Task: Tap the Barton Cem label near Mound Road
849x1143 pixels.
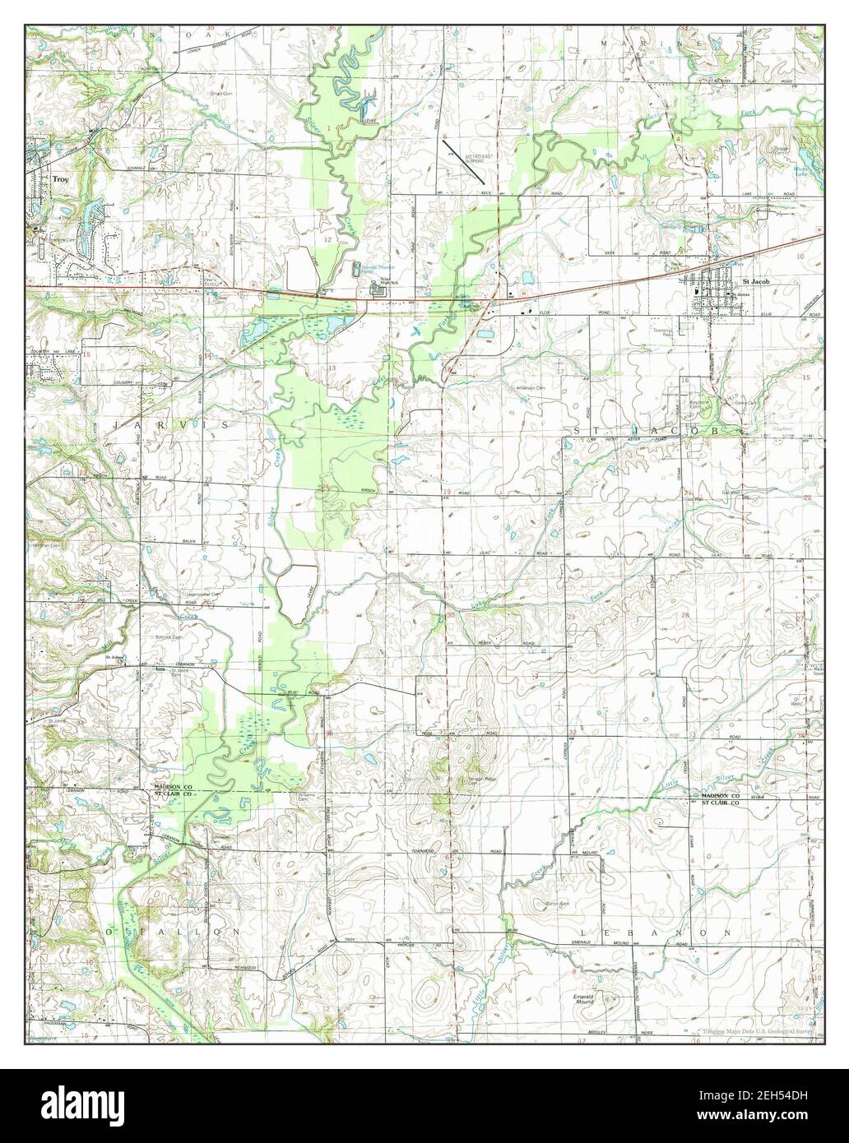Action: pyautogui.click(x=558, y=902)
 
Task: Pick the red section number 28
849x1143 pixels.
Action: pyautogui.click(x=684, y=615)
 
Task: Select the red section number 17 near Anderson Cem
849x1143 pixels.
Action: pyautogui.click(x=560, y=372)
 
